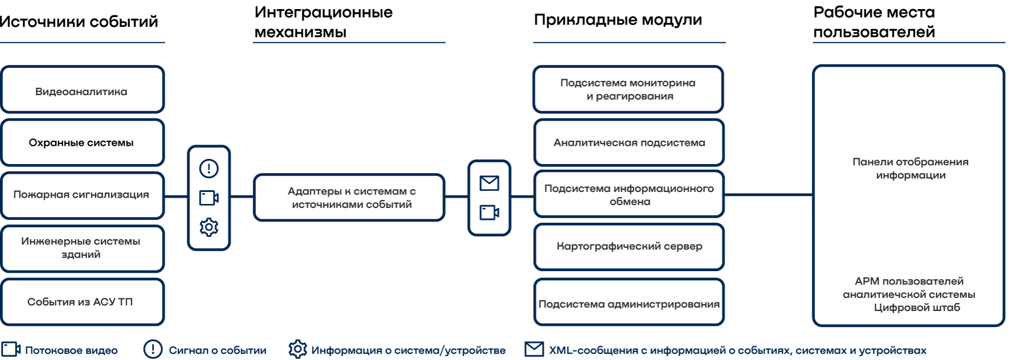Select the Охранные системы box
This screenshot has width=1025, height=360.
pyautogui.click(x=82, y=142)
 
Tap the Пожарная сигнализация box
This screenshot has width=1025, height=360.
pyautogui.click(x=82, y=195)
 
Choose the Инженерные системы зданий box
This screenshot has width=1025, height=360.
pyautogui.click(x=82, y=248)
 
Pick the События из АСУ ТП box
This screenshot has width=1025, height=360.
pyautogui.click(x=82, y=301)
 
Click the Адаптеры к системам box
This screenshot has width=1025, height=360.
pyautogui.click(x=349, y=198)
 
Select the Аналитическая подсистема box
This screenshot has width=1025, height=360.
pyautogui.click(x=629, y=142)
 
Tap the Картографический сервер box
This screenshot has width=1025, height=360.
pyautogui.click(x=629, y=246)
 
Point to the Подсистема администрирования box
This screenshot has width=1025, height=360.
pyautogui.click(x=629, y=303)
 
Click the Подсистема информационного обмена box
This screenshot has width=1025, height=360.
pyautogui.click(x=629, y=194)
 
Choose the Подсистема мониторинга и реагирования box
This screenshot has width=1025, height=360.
pyautogui.click(x=628, y=89)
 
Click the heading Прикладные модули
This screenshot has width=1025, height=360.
pyautogui.click(x=618, y=20)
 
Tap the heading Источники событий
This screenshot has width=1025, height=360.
pyautogui.click(x=79, y=22)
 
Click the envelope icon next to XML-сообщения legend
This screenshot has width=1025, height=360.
pyautogui.click(x=534, y=349)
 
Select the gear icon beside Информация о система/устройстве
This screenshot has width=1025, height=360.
pyautogui.click(x=297, y=349)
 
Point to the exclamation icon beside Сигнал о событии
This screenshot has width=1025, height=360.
pyautogui.click(x=153, y=349)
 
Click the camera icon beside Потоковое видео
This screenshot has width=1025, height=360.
pyautogui.click(x=11, y=349)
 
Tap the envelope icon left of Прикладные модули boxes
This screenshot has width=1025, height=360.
pyautogui.click(x=489, y=183)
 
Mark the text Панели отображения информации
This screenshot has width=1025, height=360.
pyautogui.click(x=910, y=169)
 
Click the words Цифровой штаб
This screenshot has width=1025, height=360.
pyautogui.click(x=917, y=308)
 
